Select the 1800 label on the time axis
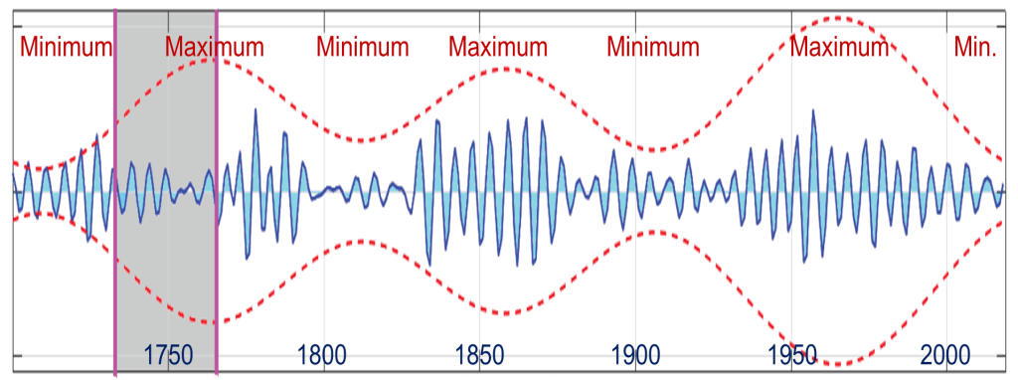click(322, 354)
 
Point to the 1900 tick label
click(635, 354)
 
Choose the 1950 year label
click(791, 354)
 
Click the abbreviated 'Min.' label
click(974, 47)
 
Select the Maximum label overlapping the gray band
click(215, 47)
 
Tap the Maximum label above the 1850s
click(498, 47)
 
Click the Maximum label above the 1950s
click(839, 47)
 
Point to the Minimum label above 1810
click(363, 47)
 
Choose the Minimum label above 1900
click(653, 47)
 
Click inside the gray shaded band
click(166, 259)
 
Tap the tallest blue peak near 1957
click(814, 111)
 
